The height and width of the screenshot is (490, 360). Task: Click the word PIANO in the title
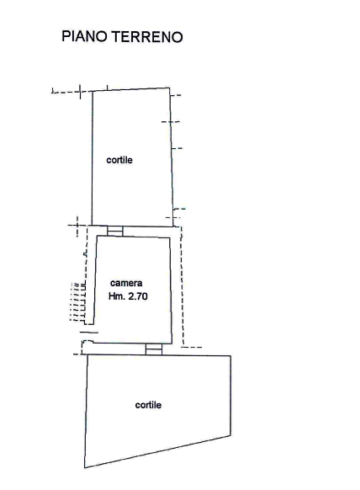point(84,36)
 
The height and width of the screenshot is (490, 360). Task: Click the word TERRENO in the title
point(147,36)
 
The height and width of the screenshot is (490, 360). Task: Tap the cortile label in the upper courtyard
point(119,160)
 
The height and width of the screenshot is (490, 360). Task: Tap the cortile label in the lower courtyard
point(148,405)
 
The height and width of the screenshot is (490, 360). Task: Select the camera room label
point(126,283)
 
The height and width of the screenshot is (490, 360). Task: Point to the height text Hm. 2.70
point(128,296)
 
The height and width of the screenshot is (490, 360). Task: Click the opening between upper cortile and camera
point(115,231)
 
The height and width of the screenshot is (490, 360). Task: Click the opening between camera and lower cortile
point(154,349)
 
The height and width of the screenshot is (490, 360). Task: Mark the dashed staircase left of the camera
point(78,302)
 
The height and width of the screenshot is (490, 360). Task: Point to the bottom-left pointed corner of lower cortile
point(85,468)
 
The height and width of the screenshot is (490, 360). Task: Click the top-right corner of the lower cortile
point(230,355)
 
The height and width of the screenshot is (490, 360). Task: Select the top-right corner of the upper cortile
point(170,88)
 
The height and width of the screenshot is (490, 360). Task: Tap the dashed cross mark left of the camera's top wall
point(77,226)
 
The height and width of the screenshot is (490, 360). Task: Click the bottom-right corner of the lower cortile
point(230,435)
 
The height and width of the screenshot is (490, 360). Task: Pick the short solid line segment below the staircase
point(89,333)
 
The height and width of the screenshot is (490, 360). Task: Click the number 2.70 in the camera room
point(138,296)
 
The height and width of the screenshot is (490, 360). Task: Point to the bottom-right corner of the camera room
point(172,344)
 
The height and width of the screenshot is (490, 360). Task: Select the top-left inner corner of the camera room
point(98,237)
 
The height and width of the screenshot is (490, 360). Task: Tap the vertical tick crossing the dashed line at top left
point(80,92)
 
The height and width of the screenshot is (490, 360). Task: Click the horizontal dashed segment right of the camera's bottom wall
point(192,347)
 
